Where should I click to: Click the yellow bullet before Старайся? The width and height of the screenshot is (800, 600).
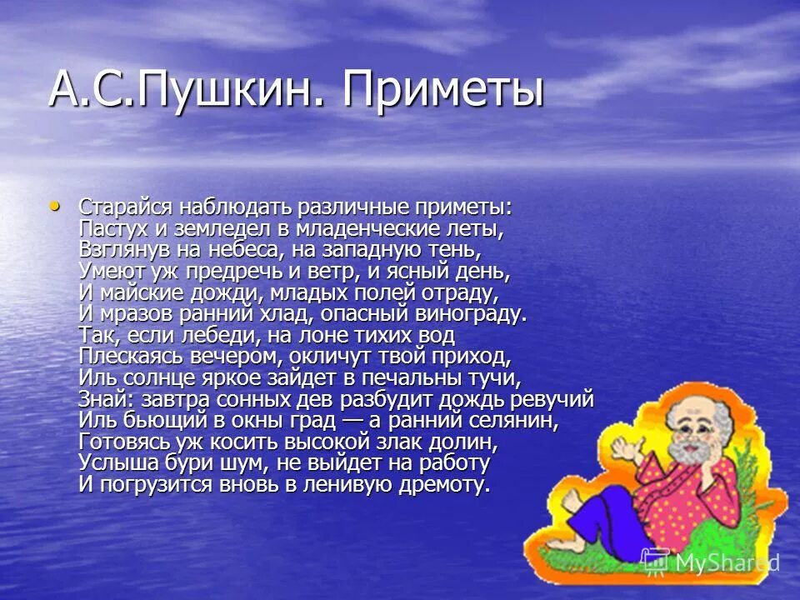click(55, 204)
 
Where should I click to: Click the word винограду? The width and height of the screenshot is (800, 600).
click(474, 313)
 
